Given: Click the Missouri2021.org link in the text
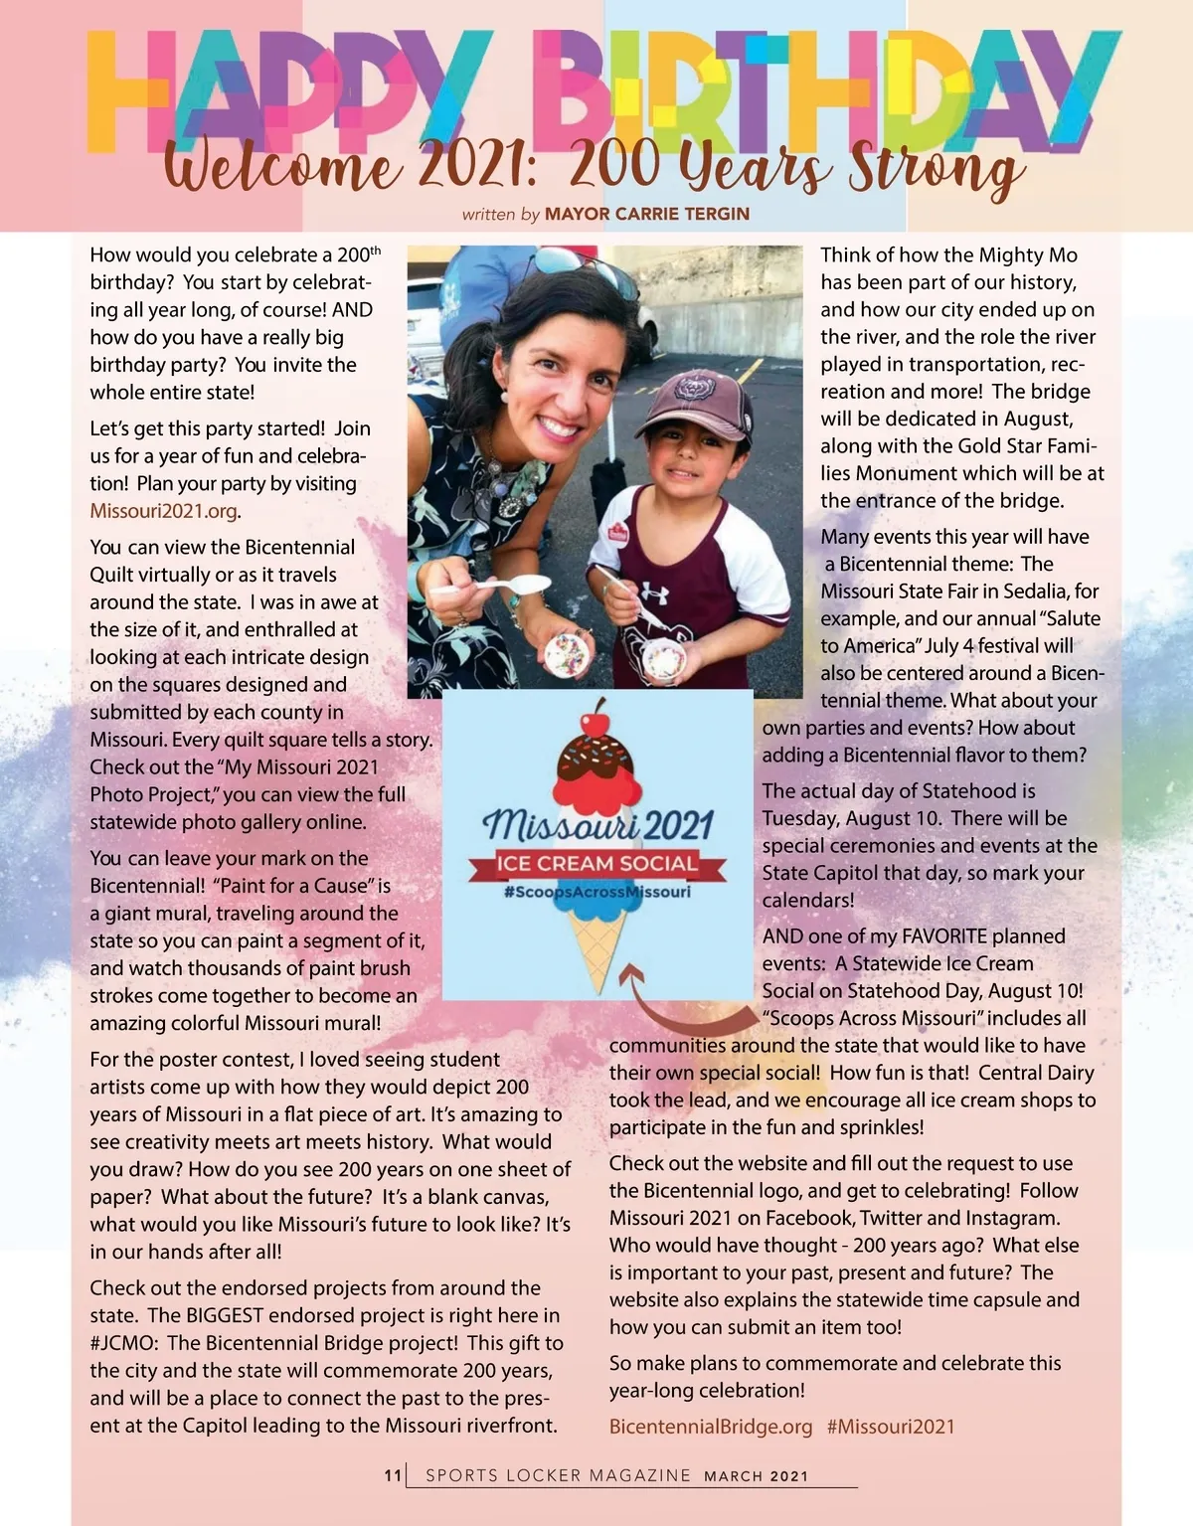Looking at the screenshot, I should pyautogui.click(x=164, y=511).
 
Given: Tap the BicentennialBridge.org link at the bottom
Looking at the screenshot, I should pyautogui.click(x=711, y=1427).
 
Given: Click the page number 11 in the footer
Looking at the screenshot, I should pyautogui.click(x=393, y=1476).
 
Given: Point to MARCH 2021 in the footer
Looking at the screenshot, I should pyautogui.click(x=757, y=1476).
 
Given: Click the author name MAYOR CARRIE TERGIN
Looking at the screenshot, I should pyautogui.click(x=647, y=214).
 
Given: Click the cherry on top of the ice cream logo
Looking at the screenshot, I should pyautogui.click(x=597, y=715).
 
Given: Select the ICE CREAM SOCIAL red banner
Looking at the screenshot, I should pyautogui.click(x=597, y=864).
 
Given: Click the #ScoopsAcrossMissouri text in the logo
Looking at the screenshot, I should pyautogui.click(x=597, y=892).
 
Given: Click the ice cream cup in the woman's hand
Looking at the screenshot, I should pyautogui.click(x=568, y=653).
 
